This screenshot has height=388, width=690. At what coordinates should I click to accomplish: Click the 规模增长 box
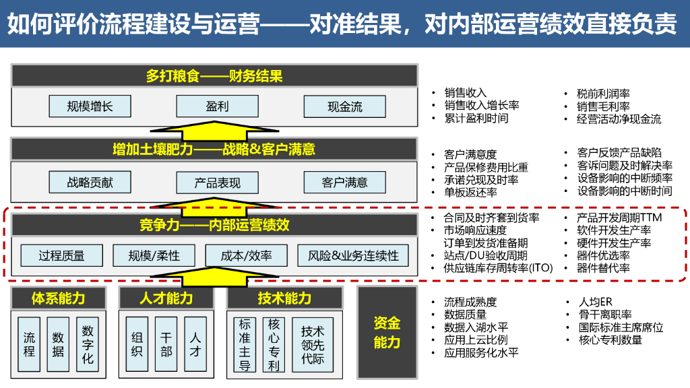[x=90, y=106]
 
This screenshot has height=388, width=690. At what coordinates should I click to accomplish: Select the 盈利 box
[x=217, y=106]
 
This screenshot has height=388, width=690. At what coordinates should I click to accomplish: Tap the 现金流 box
[x=344, y=106]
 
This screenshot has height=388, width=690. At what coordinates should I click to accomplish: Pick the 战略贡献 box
[x=90, y=182]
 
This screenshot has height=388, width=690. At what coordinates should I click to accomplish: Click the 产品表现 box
[x=217, y=183]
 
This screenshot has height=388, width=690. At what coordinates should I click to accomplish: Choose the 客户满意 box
[x=344, y=182]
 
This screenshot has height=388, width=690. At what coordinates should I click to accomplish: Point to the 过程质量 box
[x=61, y=255]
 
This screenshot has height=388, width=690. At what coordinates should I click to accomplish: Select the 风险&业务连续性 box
[x=353, y=255]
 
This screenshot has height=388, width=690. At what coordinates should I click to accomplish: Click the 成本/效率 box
[x=246, y=255]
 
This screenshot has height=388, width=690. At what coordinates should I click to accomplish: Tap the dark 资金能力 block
[x=387, y=332]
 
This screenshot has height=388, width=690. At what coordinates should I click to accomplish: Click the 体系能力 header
[x=59, y=298]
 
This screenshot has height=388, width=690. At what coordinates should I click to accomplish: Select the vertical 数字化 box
[x=88, y=345]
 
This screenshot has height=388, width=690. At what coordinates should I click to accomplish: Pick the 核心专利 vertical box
[x=274, y=345]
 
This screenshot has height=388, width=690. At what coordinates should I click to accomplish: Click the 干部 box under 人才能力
[x=166, y=345]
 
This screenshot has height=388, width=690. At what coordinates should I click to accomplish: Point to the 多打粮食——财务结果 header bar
[x=214, y=75]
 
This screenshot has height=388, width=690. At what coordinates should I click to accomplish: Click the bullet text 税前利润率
[x=603, y=94]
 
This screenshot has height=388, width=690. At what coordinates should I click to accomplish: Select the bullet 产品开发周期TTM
[x=619, y=218]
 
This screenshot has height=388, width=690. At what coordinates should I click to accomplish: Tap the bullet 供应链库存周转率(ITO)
[x=498, y=268]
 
